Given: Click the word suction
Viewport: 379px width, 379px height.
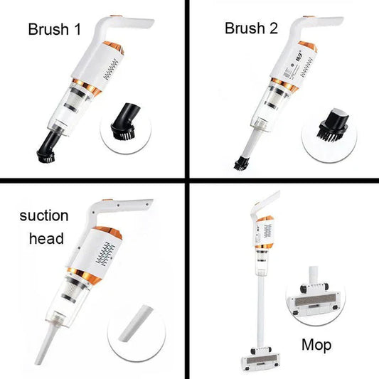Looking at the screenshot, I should pyautogui.click(x=45, y=215).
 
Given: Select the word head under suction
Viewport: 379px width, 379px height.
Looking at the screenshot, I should pyautogui.click(x=45, y=239).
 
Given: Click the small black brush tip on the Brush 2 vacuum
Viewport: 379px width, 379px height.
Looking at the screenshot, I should pyautogui.click(x=239, y=163).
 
